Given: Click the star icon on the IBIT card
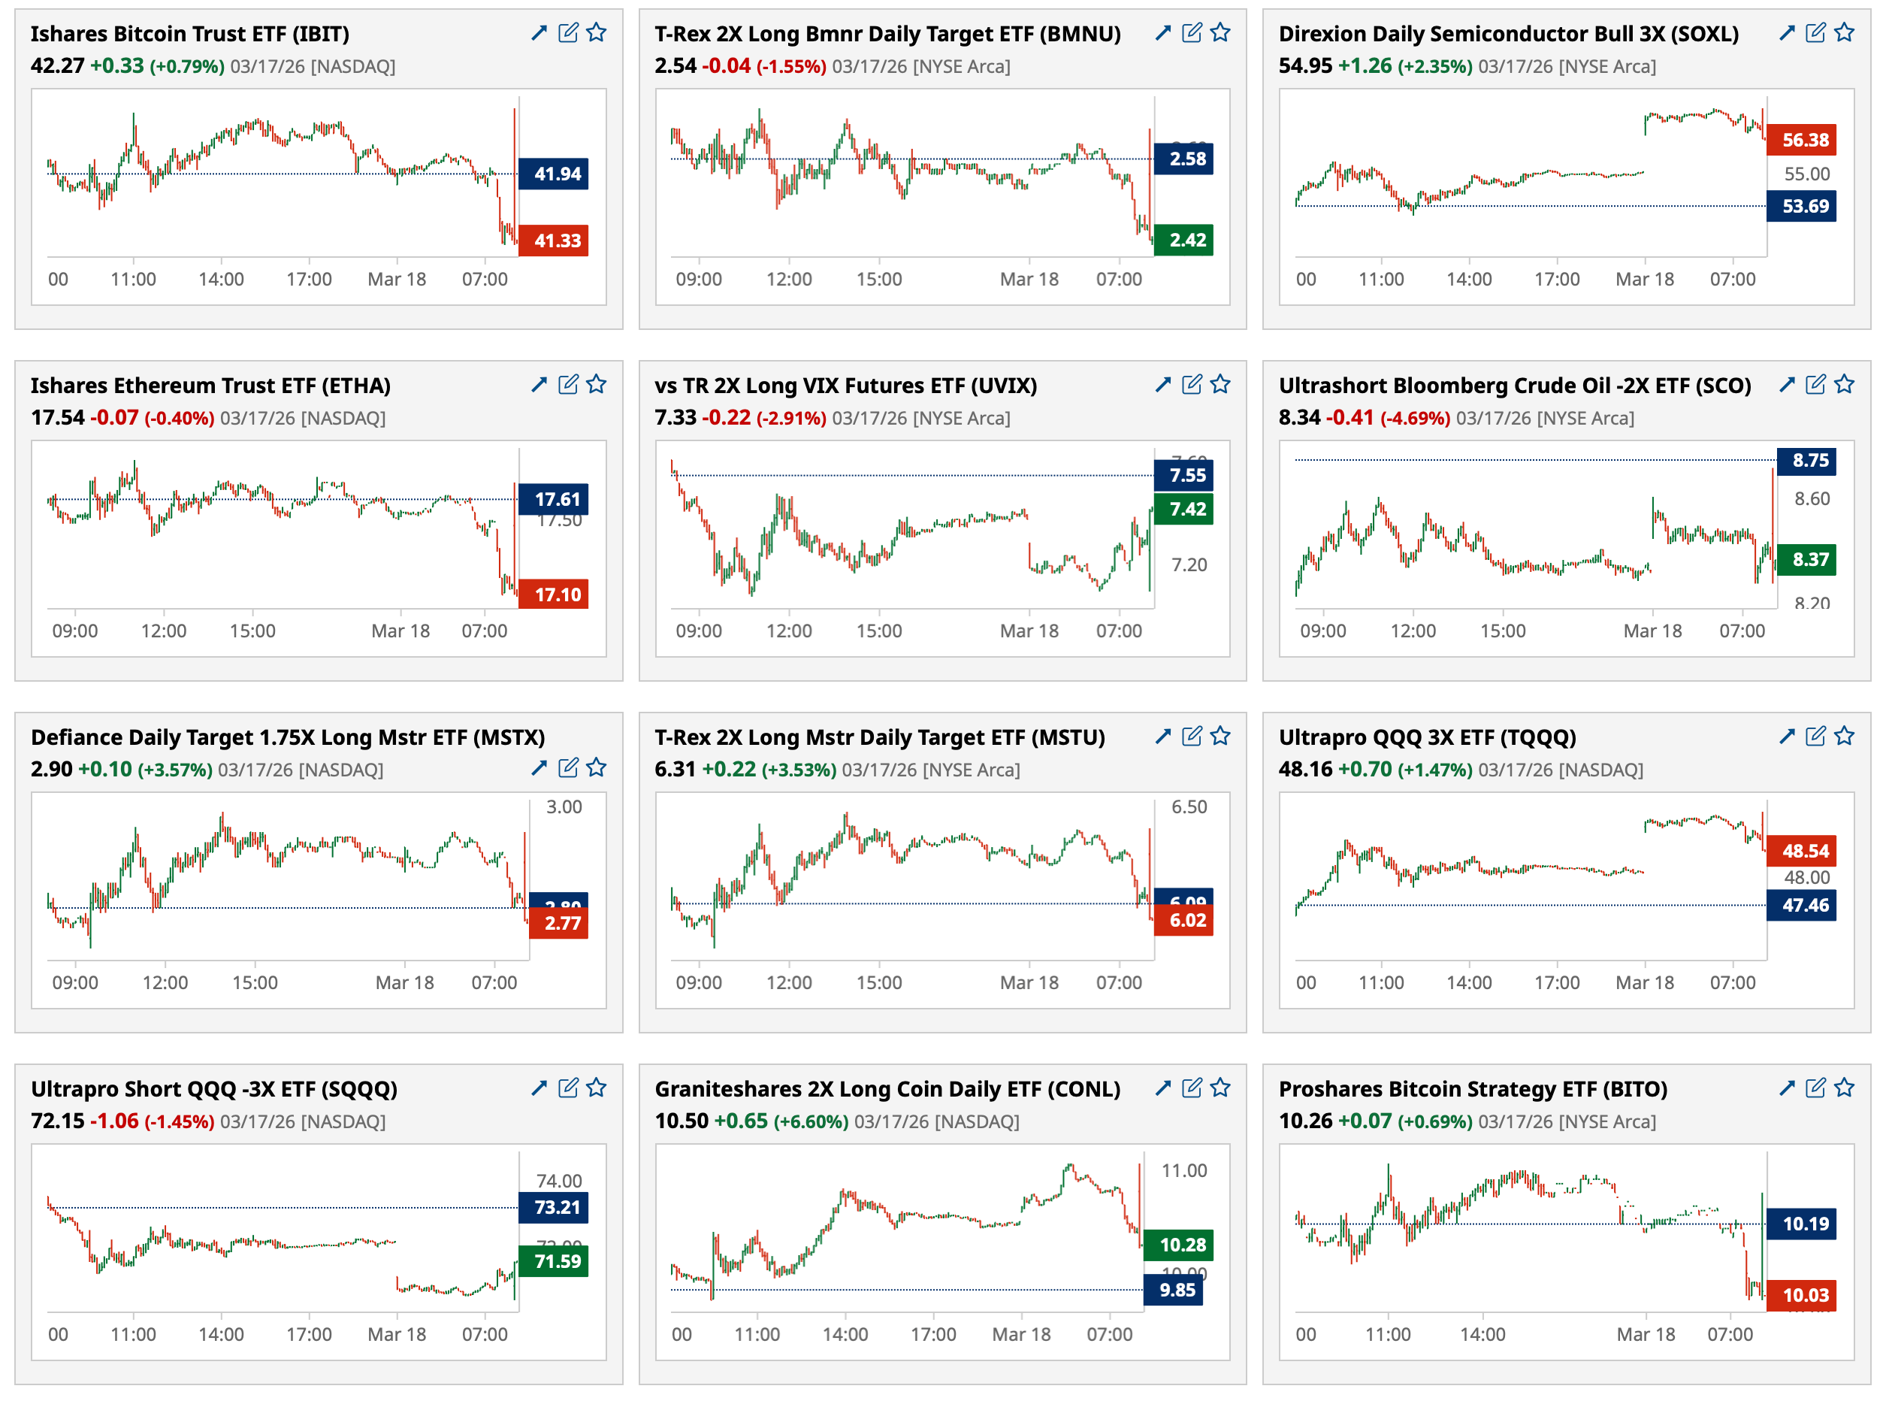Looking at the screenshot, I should (x=596, y=32).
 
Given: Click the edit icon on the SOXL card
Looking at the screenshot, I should (x=1815, y=32).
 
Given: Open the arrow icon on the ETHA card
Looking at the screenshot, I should (x=539, y=384).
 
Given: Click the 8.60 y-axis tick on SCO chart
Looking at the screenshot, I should (x=1811, y=499).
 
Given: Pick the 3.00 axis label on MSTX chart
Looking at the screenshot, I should (x=564, y=806).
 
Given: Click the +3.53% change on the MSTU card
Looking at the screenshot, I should (x=799, y=770).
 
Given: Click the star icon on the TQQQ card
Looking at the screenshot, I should (x=1845, y=736).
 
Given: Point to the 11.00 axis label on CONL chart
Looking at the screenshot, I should (x=1183, y=1170).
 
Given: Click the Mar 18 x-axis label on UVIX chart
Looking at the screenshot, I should (x=1029, y=631).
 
